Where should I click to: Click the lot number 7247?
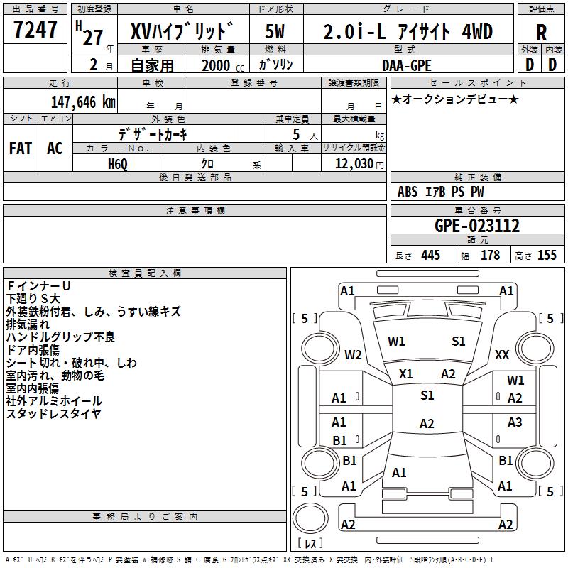click(x=35, y=29)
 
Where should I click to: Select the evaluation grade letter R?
click(x=541, y=33)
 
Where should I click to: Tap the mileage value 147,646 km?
click(x=83, y=102)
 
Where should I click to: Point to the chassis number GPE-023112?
click(x=477, y=226)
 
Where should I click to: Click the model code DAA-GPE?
click(x=406, y=65)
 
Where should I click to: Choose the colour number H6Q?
click(x=118, y=164)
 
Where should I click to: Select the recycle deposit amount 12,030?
click(x=354, y=163)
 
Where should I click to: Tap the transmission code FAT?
click(x=21, y=148)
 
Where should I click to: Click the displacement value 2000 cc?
click(x=223, y=65)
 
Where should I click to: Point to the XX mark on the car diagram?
click(x=502, y=354)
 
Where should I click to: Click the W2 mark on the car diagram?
click(x=353, y=354)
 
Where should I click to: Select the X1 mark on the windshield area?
click(x=405, y=374)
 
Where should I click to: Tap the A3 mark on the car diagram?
click(x=514, y=422)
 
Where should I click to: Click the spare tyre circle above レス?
click(x=310, y=518)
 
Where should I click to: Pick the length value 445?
click(x=430, y=255)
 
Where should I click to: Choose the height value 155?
click(x=547, y=255)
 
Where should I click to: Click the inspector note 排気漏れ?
click(x=28, y=324)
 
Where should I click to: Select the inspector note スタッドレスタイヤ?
click(x=54, y=413)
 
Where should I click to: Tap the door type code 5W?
click(x=275, y=31)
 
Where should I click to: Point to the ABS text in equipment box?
click(x=408, y=192)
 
